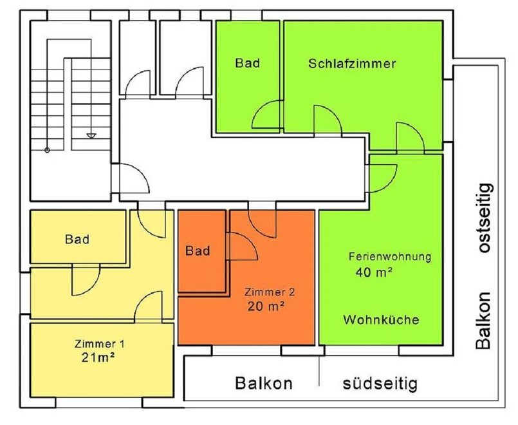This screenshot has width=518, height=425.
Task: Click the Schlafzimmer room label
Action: pos(351,64)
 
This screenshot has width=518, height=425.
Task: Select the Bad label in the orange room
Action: pos(198,250)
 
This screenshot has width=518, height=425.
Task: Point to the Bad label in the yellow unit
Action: pos(77,239)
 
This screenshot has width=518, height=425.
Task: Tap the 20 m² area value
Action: pos(266,306)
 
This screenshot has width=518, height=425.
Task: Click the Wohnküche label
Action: pos(381,319)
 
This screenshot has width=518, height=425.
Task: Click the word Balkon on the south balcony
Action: pos(263,384)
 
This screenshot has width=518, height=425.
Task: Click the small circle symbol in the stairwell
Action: pos(47,151)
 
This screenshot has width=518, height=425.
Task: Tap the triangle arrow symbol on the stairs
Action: pos(91,136)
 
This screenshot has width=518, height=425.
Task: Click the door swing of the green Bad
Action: pos(265,116)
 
